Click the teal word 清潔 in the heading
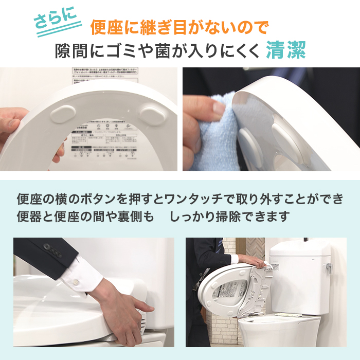click(286, 51)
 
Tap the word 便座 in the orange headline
click(105, 26)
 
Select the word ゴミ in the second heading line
click(129, 51)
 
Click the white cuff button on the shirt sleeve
click(75, 282)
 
